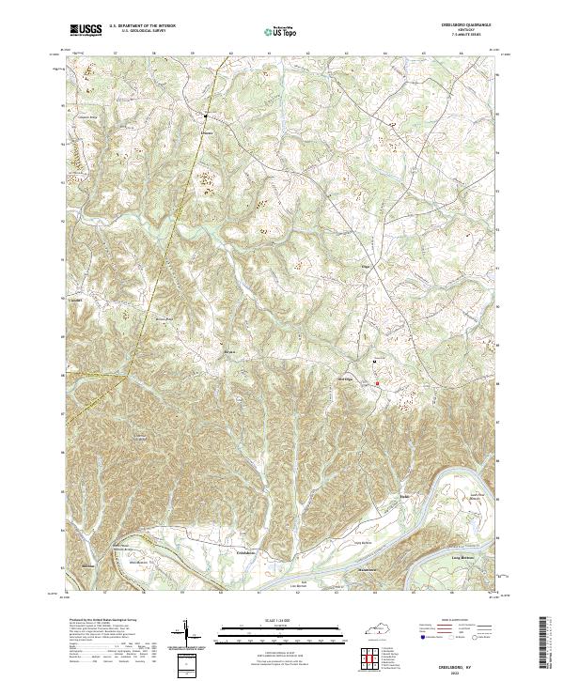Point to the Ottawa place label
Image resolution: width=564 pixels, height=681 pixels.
tap(207, 132)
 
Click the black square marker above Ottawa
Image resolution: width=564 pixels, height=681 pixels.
tap(207, 116)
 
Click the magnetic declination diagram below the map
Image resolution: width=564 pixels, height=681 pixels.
tap(185, 634)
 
